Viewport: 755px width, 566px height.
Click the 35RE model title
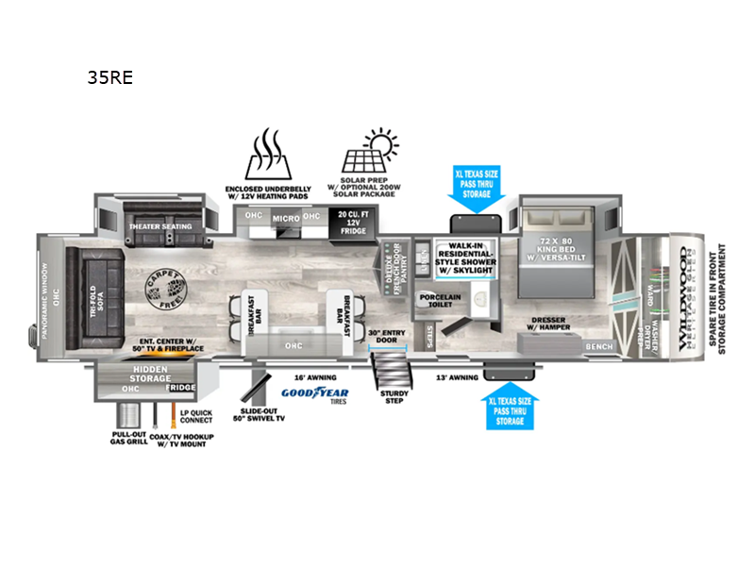click(x=109, y=78)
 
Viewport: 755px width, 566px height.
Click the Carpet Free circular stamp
click(x=162, y=286)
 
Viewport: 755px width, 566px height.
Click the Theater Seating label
click(x=159, y=226)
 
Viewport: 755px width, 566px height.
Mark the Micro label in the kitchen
click(x=284, y=219)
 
